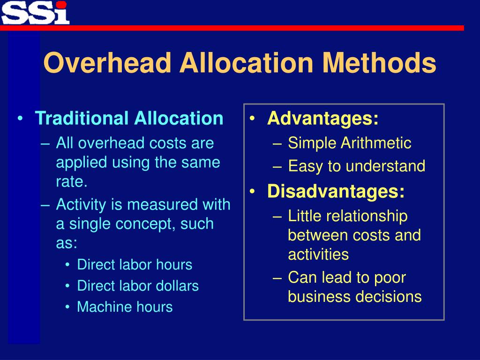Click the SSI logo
point(35,12)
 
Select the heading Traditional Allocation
point(129,118)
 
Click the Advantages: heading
point(322,118)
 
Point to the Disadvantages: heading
point(336,191)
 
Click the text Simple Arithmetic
point(349,143)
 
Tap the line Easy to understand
point(356,166)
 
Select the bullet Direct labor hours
point(135,264)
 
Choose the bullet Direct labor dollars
point(138,285)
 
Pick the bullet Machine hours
point(125,307)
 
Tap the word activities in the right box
point(318,255)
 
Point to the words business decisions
point(355,297)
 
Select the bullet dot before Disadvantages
point(253,191)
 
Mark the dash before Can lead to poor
point(277,277)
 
